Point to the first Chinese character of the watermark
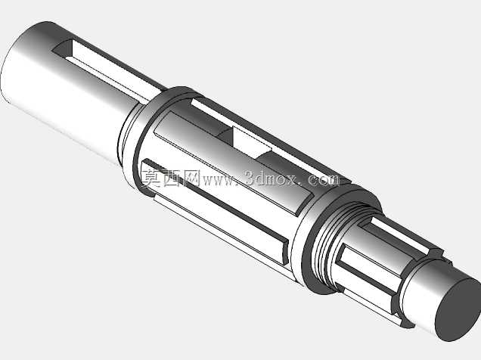tap(151, 178)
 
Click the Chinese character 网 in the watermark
tap(191, 178)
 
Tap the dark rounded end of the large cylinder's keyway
tap(62, 48)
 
